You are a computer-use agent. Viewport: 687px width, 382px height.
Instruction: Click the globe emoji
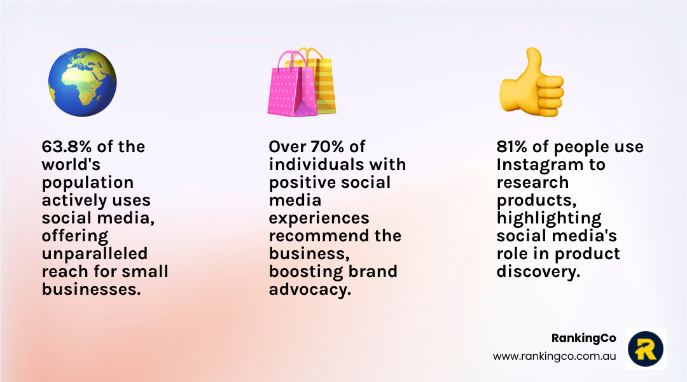[82, 83]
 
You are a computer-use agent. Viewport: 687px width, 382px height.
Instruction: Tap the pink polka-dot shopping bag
[291, 85]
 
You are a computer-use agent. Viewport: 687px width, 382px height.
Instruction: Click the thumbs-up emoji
[531, 83]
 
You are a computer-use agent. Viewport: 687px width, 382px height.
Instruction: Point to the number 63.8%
[67, 146]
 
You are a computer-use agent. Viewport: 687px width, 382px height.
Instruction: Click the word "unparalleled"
[95, 254]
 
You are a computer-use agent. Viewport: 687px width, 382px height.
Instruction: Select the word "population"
[88, 183]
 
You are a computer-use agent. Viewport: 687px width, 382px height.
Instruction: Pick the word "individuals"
[316, 164]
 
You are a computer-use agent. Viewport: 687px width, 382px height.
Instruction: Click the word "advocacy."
[310, 290]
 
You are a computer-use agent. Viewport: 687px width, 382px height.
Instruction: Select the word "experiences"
[319, 218]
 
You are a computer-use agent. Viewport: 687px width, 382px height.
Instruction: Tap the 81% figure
[511, 146]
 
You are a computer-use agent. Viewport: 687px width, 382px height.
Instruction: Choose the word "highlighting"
[549, 218]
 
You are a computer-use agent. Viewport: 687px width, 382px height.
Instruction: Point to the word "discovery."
[539, 272]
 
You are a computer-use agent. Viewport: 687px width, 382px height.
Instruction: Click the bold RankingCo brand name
[583, 338]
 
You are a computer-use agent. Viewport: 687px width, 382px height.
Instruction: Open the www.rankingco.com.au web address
[554, 356]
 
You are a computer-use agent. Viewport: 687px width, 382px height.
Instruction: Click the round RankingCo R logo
[646, 349]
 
